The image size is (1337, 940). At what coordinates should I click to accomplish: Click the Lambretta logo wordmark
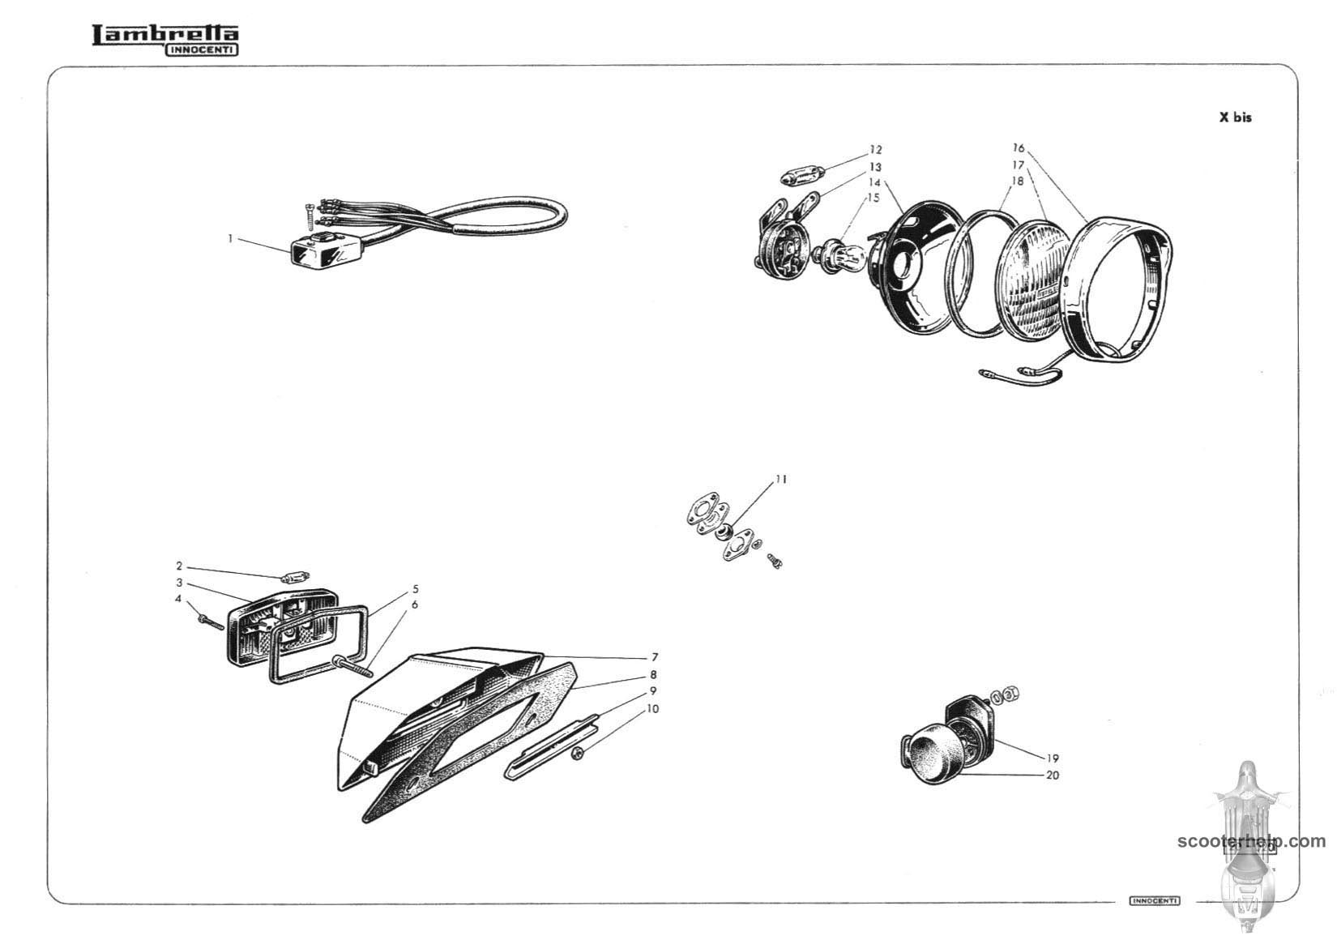(x=165, y=40)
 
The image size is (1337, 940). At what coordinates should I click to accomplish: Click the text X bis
(x=1235, y=117)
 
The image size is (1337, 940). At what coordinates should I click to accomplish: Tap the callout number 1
(x=230, y=238)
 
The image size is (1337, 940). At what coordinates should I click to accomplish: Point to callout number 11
(x=781, y=479)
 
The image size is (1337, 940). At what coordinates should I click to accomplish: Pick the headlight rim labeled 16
(x=1118, y=288)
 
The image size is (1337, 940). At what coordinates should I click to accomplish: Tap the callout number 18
(x=1017, y=180)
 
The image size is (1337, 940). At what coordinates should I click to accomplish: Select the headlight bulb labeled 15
(x=839, y=256)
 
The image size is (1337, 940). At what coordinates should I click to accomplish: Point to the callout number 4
(x=178, y=598)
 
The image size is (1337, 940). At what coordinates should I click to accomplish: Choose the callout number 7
(x=655, y=657)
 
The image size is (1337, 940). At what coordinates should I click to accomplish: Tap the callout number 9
(x=653, y=690)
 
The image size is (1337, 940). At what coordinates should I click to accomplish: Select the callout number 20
(x=1053, y=775)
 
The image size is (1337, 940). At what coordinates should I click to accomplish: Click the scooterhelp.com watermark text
(x=1251, y=841)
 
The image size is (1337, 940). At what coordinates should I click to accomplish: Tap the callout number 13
(x=875, y=166)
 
